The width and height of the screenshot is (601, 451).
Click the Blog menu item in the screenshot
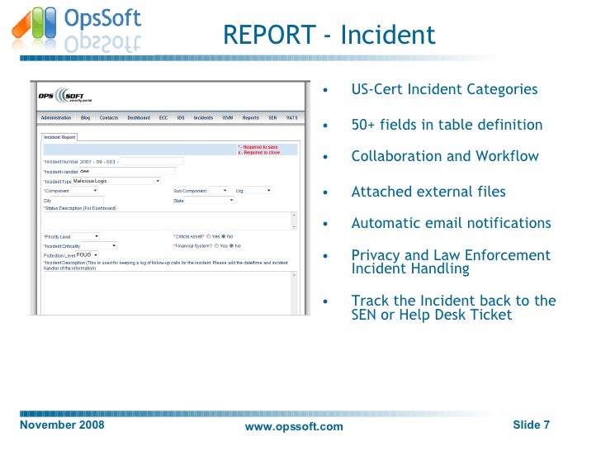[x=85, y=118]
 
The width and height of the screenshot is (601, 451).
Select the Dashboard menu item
[x=139, y=118]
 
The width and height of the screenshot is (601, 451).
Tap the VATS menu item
[x=291, y=118]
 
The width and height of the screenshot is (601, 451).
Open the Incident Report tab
[x=59, y=137]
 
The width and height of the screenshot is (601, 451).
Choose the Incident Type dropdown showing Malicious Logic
[x=116, y=180]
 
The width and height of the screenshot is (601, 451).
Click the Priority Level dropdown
[x=86, y=236]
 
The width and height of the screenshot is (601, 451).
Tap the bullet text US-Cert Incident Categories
[x=444, y=89]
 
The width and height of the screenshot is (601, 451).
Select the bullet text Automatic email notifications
[x=451, y=223]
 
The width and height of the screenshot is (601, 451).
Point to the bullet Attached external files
[x=428, y=192]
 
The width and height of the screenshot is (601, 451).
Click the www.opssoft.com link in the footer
[x=294, y=426]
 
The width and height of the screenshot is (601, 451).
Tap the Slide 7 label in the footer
[x=531, y=425]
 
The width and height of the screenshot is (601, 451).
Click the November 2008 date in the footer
[x=62, y=425]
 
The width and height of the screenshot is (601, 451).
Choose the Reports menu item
[x=250, y=118]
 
